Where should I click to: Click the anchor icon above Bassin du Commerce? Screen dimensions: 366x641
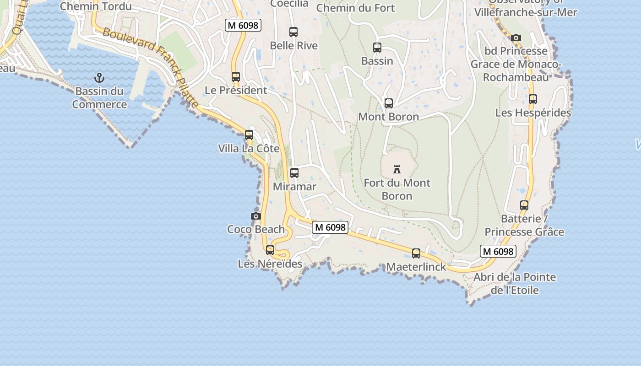(99, 78)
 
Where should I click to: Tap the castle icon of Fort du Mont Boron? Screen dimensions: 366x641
(397, 169)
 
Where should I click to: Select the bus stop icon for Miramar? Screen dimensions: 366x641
(294, 173)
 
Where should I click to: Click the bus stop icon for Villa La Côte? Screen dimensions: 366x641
(249, 135)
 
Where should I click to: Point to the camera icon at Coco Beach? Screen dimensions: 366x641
(256, 216)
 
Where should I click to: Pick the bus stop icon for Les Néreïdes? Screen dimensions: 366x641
(270, 250)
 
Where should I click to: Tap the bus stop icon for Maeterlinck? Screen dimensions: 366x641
(416, 253)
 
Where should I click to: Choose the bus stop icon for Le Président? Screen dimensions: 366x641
(236, 77)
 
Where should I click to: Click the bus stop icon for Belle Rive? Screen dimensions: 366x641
(293, 32)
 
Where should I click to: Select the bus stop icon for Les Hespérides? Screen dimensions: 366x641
(533, 99)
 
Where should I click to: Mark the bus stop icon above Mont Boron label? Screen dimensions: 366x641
(389, 103)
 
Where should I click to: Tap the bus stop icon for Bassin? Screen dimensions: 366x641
(377, 48)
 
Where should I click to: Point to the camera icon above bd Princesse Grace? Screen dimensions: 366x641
(516, 38)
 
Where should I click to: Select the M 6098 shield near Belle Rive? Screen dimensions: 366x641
(243, 26)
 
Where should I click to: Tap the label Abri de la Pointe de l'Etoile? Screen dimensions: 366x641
(515, 284)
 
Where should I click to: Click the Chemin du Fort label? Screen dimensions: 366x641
(355, 8)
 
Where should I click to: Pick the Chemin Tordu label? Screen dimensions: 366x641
(96, 6)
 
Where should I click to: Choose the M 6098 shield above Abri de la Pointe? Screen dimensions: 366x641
(498, 251)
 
